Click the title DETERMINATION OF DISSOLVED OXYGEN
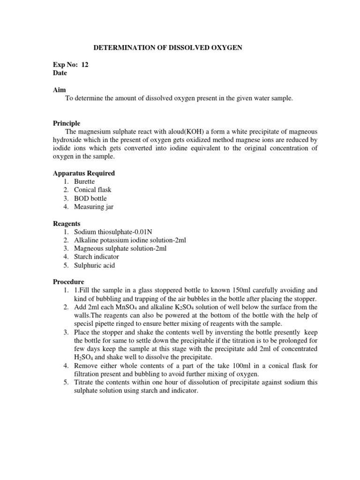pos(168,48)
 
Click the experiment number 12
pos(84,65)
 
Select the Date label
pos(60,74)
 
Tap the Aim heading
pos(59,90)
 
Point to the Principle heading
pos(66,123)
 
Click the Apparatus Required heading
pos(83,173)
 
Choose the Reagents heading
pos(66,224)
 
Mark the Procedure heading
pos(68,282)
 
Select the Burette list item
pos(84,182)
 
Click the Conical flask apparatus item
pos(93,190)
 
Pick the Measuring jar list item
pos(93,207)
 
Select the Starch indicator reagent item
pos(97,257)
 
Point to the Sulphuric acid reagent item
pos(94,265)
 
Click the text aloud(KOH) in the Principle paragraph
pos(178,132)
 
